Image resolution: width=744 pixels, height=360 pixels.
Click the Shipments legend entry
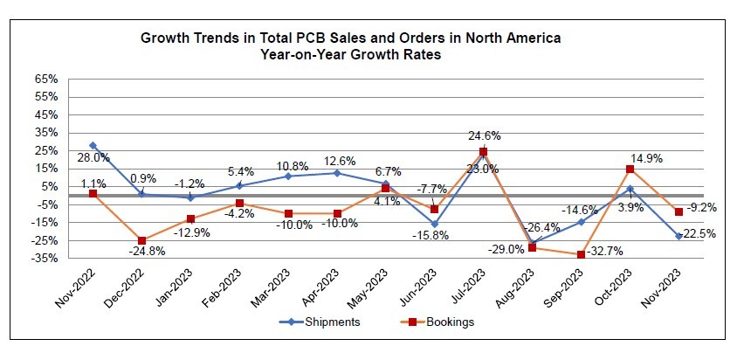(x=327, y=322)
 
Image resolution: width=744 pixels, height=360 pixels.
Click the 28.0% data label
(x=93, y=158)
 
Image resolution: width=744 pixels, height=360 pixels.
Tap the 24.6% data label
(x=484, y=135)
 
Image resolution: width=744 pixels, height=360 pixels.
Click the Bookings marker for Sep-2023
(x=581, y=254)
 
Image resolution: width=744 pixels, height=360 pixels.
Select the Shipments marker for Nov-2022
(x=93, y=145)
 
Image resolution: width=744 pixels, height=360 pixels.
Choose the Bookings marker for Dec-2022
(x=141, y=240)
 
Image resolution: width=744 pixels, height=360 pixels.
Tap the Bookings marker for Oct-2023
(x=630, y=169)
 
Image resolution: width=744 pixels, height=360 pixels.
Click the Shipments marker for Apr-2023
(x=336, y=173)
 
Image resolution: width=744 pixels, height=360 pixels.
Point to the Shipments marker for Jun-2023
(x=434, y=224)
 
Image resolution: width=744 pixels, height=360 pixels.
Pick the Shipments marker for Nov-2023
(x=679, y=236)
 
